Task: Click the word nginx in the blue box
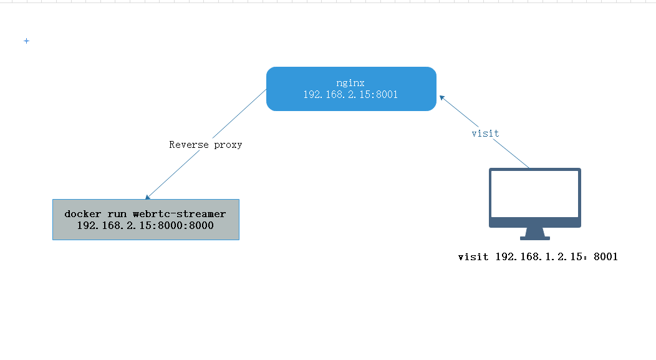(x=350, y=83)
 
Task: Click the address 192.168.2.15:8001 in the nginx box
(x=350, y=95)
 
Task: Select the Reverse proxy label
(x=205, y=145)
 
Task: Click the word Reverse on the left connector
(x=190, y=145)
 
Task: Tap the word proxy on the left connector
(x=227, y=145)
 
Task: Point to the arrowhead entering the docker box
(x=148, y=197)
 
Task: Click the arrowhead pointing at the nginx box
(x=441, y=97)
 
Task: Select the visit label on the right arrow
(x=485, y=134)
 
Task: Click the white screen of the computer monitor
(x=534, y=193)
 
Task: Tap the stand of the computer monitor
(x=535, y=233)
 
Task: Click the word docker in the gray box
(x=82, y=214)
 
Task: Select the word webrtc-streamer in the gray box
(x=179, y=214)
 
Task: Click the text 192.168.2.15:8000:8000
(x=145, y=225)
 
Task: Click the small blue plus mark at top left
(x=26, y=41)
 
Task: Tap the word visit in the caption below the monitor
(x=473, y=256)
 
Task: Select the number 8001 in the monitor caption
(x=605, y=256)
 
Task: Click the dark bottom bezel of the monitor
(x=534, y=223)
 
